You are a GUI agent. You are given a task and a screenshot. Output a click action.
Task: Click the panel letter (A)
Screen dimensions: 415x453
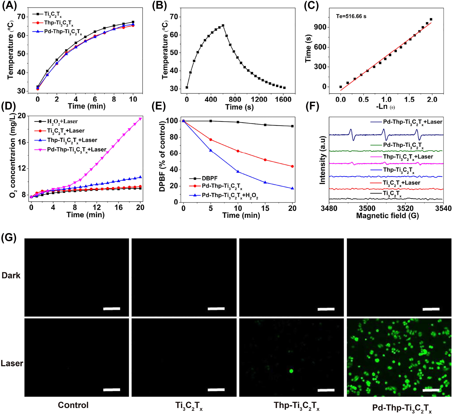tap(10, 6)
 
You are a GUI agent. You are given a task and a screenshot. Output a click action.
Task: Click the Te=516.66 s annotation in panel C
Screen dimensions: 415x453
tap(351, 16)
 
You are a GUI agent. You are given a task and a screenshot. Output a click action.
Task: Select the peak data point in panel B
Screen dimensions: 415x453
tap(223, 26)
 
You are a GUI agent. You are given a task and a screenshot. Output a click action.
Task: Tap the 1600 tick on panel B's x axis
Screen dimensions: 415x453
tap(283, 99)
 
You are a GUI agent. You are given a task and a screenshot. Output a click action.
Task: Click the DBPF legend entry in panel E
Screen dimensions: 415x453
tap(209, 178)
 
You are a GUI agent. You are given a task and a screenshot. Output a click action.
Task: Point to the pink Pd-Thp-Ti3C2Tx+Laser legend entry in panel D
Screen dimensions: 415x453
tap(77, 150)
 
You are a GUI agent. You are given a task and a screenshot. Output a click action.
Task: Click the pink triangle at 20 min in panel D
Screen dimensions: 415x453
tap(140, 119)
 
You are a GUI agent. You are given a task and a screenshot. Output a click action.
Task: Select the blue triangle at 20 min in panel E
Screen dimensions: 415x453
tap(292, 188)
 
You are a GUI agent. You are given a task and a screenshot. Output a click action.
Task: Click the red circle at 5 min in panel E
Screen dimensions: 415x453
tap(211, 139)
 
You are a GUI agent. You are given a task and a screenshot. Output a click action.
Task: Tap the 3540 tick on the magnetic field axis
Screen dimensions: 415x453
tap(443, 208)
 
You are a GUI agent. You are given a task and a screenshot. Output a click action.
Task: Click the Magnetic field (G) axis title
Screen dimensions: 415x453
tap(387, 216)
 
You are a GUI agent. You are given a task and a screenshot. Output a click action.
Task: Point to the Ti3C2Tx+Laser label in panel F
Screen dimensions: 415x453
tap(401, 183)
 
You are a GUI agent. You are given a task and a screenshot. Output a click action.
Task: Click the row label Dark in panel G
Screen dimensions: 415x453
tap(11, 276)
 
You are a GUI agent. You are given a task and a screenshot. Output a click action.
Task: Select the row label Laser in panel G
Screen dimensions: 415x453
tap(12, 363)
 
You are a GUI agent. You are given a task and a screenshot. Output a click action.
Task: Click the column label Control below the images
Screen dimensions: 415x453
tap(73, 405)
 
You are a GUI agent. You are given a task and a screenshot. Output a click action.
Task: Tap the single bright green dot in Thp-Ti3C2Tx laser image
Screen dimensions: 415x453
tap(291, 371)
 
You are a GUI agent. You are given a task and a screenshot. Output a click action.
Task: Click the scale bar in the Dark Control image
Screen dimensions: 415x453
tap(112, 309)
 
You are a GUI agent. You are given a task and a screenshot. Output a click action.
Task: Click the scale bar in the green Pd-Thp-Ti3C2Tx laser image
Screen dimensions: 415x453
tap(431, 390)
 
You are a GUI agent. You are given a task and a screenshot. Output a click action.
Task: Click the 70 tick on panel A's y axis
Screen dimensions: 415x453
tap(21, 17)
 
